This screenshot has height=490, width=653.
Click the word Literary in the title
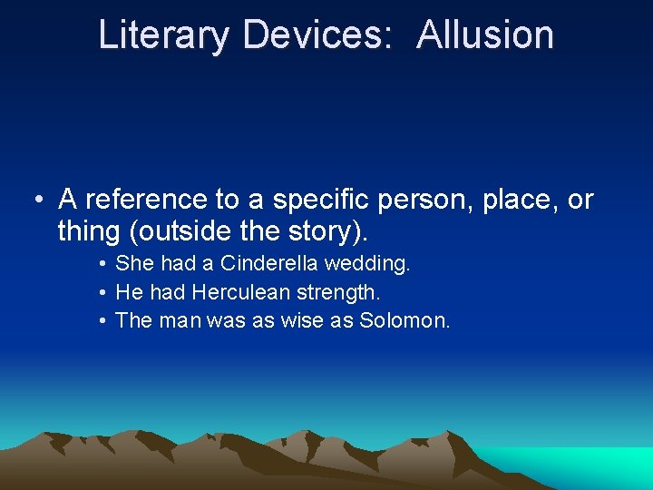click(x=164, y=35)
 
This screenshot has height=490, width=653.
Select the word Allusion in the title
click(x=485, y=35)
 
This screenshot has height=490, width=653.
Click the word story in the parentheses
click(x=321, y=231)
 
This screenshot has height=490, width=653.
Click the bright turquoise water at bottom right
click(x=599, y=465)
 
